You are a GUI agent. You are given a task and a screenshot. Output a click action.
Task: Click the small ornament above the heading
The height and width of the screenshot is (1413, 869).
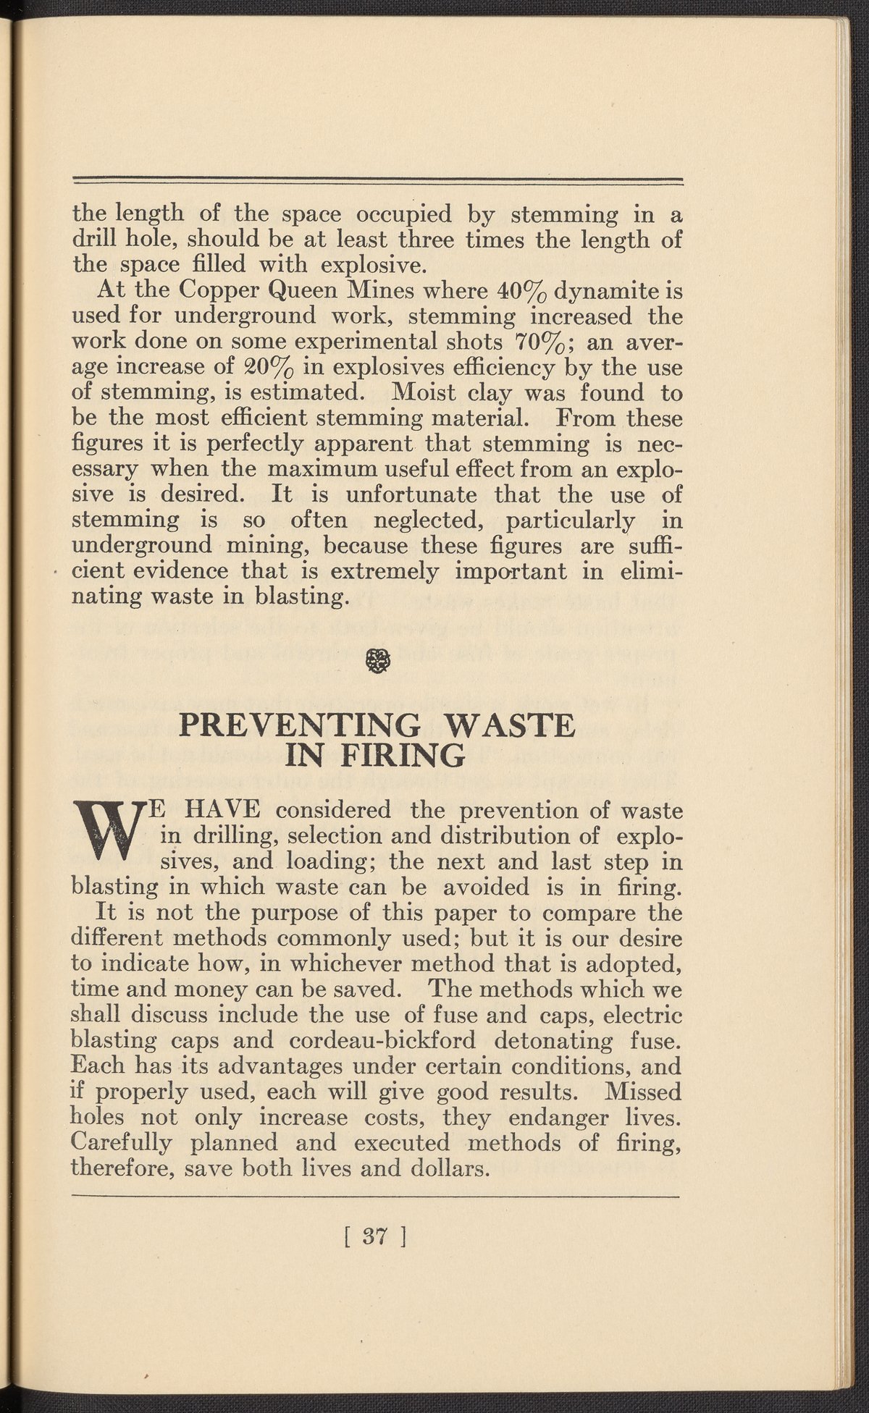(377, 660)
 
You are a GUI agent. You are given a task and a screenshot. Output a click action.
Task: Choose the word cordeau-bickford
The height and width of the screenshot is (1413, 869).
(382, 1041)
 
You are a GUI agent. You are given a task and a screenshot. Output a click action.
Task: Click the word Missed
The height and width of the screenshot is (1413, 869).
(644, 1091)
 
